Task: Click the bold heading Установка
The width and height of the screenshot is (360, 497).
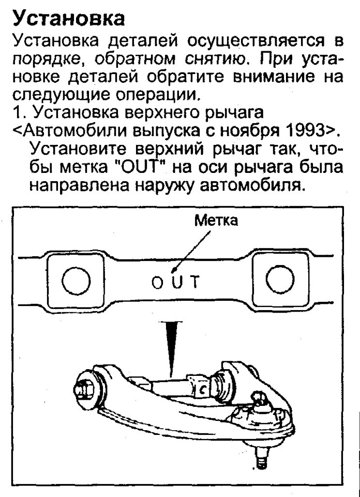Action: [69, 19]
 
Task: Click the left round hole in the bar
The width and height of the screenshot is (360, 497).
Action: [76, 283]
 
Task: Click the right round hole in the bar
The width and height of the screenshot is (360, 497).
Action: [279, 282]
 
